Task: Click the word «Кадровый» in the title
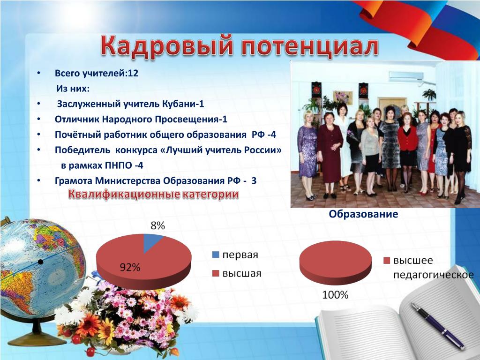[167, 46]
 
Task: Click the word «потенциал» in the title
[309, 46]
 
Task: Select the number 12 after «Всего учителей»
[134, 73]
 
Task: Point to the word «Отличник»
[77, 119]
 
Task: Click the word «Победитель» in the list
[82, 150]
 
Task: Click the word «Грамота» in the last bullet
[74, 181]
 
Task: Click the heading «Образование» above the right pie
[363, 214]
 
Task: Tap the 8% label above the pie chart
[157, 226]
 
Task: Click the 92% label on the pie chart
[130, 268]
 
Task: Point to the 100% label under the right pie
[335, 295]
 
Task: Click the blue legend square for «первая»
[216, 255]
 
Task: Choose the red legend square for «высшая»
[216, 273]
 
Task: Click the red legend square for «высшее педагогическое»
[387, 261]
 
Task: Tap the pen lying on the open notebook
[438, 326]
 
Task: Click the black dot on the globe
[40, 262]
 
